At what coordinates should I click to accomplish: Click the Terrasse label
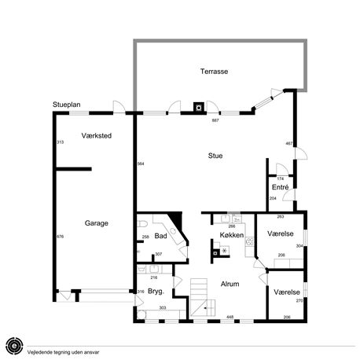point(214,72)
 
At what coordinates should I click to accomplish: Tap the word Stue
point(215,156)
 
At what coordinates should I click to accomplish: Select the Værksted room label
point(97,136)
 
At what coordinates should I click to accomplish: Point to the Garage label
point(97,223)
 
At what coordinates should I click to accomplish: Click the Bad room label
point(160,236)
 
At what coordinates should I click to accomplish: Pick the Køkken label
point(232,235)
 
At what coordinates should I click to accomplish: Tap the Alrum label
point(230,284)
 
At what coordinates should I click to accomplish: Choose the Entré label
point(281,187)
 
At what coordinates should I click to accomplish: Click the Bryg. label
point(156,292)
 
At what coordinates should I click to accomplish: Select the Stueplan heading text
point(67,105)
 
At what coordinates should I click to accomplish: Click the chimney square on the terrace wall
point(199,107)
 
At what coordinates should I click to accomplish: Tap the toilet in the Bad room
point(142,224)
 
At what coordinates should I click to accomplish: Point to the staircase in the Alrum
point(202,298)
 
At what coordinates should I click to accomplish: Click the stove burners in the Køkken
point(250,241)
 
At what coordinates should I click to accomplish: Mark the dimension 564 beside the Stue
point(141,163)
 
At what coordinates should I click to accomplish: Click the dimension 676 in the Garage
point(61,237)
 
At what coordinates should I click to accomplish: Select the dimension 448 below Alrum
point(230,317)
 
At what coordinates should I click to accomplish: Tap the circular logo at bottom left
point(15,346)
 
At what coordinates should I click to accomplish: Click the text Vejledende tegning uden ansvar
point(63,352)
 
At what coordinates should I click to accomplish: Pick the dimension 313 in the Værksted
point(61,142)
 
